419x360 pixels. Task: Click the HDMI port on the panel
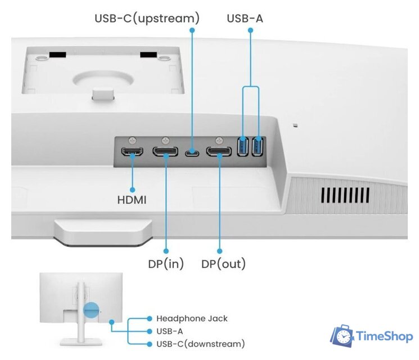click(x=133, y=152)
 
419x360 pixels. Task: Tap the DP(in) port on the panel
click(x=167, y=152)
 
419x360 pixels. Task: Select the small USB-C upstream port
click(x=192, y=152)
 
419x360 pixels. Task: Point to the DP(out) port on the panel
click(x=218, y=152)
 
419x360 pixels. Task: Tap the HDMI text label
click(x=132, y=200)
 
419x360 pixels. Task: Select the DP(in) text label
click(x=165, y=263)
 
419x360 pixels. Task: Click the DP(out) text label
click(x=223, y=263)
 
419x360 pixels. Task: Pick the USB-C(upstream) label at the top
click(x=147, y=19)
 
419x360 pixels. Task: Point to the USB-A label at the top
click(x=245, y=19)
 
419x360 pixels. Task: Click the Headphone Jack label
click(x=192, y=318)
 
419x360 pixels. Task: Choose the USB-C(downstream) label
click(x=200, y=343)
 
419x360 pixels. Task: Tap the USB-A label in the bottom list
click(x=169, y=331)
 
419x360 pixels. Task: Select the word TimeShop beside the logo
click(x=384, y=337)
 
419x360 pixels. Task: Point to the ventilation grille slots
click(x=345, y=195)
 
